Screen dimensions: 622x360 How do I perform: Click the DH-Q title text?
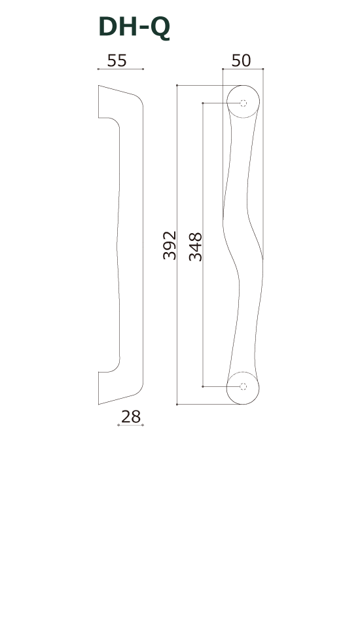(134, 27)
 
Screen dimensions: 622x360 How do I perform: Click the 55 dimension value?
(117, 61)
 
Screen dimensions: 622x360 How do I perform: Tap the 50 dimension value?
(241, 61)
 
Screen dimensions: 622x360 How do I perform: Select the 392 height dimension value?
(170, 246)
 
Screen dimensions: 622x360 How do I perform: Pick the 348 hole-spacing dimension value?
(195, 246)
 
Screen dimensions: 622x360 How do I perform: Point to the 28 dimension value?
(131, 417)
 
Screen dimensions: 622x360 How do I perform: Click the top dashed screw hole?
(243, 103)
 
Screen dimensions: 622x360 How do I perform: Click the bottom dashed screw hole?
(243, 386)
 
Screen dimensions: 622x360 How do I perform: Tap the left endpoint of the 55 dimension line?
(98, 69)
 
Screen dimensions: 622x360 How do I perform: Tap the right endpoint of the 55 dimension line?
(143, 69)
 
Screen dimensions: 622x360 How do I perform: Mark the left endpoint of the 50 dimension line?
(223, 68)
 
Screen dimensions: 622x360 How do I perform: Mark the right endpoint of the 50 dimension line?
(262, 68)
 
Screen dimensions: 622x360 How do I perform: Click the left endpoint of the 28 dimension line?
(118, 425)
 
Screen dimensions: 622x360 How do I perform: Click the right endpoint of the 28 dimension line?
(143, 425)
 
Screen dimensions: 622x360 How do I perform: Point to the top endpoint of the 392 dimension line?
(177, 86)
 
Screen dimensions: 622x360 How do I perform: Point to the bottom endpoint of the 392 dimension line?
(177, 404)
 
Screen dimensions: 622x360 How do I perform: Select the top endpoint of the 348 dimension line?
(203, 103)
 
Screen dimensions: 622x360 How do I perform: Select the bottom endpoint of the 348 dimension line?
(203, 386)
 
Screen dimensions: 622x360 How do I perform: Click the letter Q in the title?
(160, 28)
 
